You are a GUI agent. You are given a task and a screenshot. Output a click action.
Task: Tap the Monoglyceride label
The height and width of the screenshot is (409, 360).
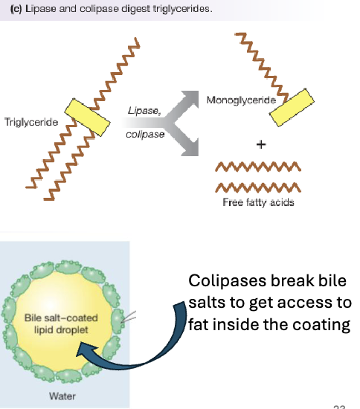point(241,99)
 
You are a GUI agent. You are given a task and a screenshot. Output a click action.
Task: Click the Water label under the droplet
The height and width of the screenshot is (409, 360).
point(62,396)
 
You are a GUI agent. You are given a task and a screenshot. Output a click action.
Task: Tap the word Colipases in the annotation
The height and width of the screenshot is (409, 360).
point(222,282)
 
